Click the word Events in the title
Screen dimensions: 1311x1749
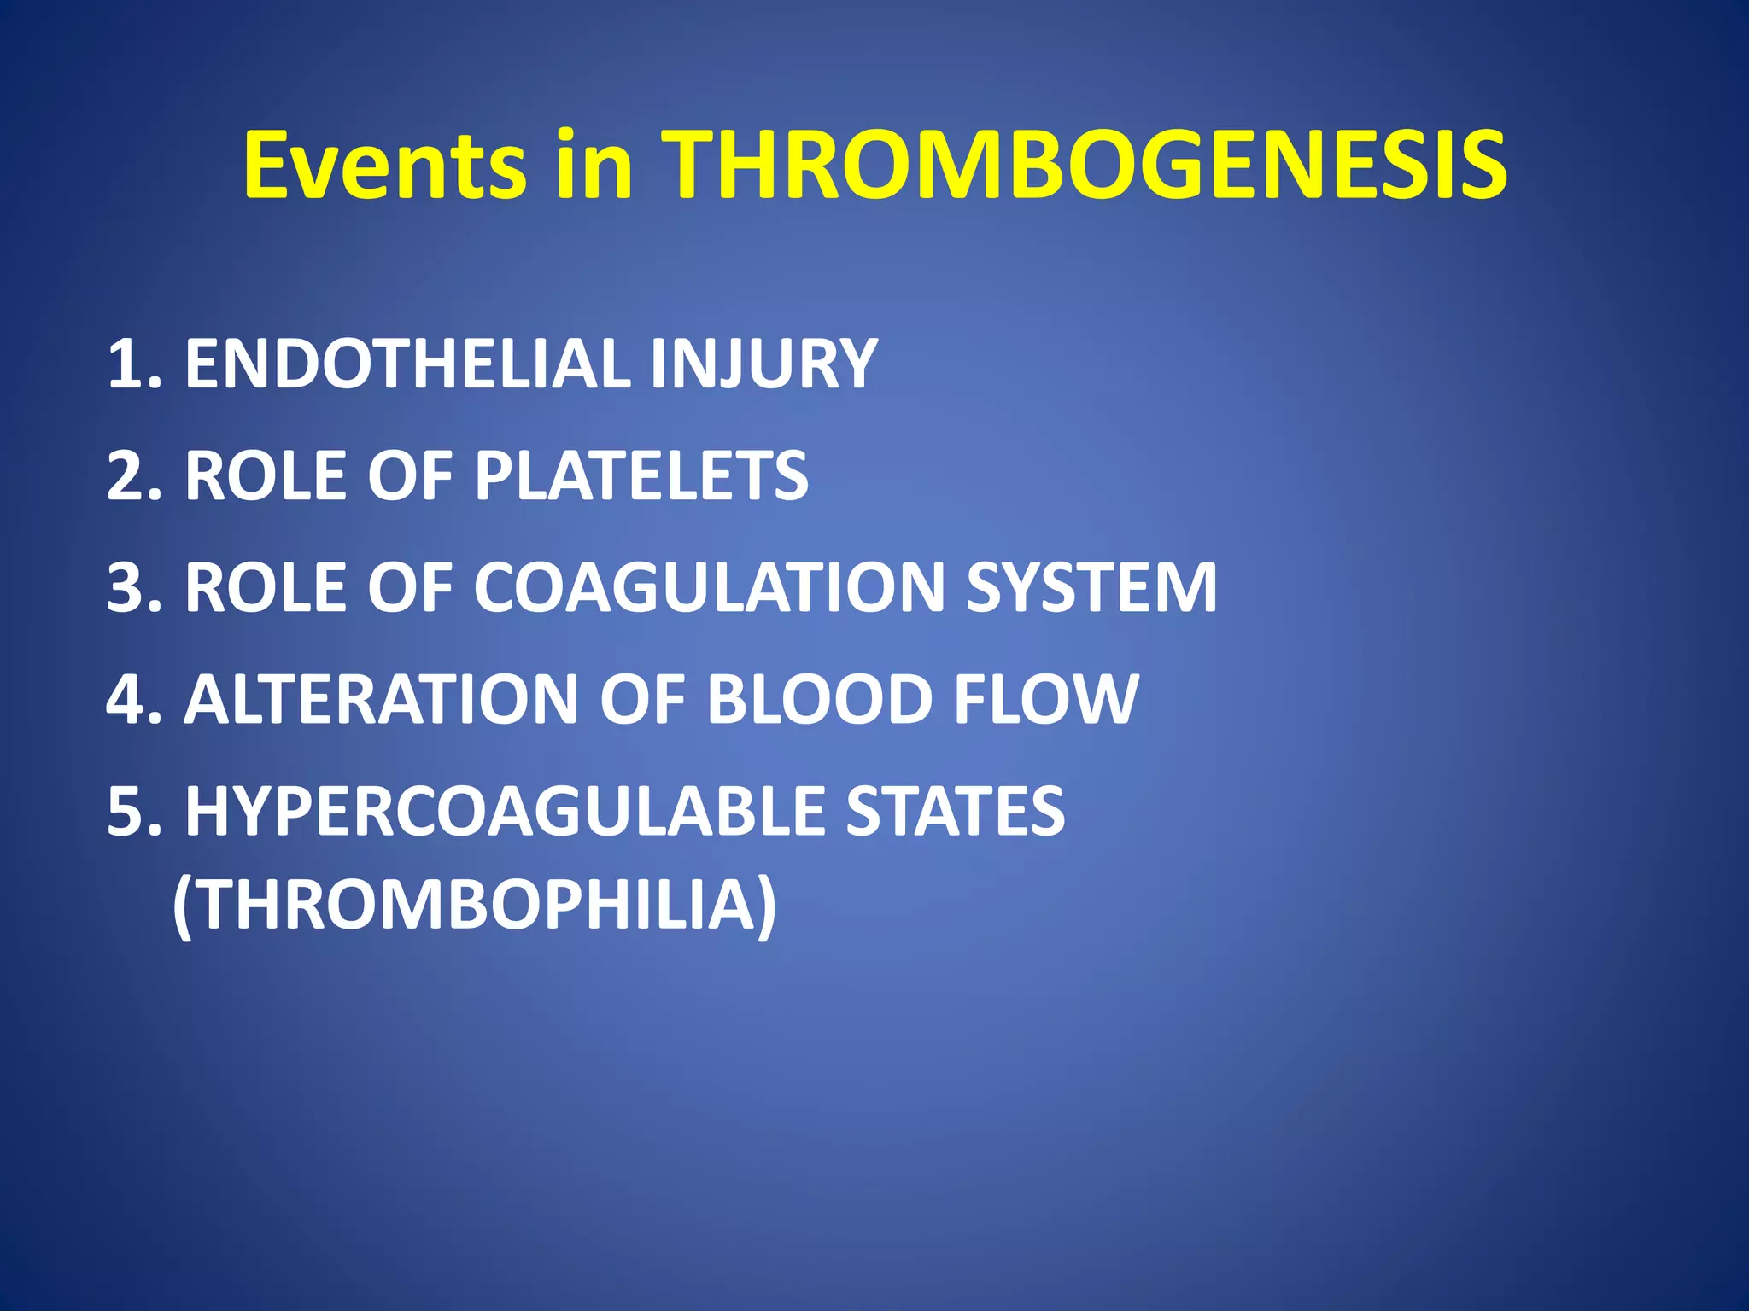384,165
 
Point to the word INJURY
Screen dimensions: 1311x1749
763,364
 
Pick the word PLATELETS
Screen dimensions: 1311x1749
641,476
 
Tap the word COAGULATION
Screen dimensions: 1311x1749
709,588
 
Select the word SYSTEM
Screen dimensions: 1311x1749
1091,588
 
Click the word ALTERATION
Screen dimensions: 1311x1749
381,700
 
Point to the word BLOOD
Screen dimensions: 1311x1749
819,700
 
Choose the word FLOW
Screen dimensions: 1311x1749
1045,700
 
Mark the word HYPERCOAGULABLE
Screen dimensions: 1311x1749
503,812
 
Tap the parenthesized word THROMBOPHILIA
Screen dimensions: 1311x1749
475,905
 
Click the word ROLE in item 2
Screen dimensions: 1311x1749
266,476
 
